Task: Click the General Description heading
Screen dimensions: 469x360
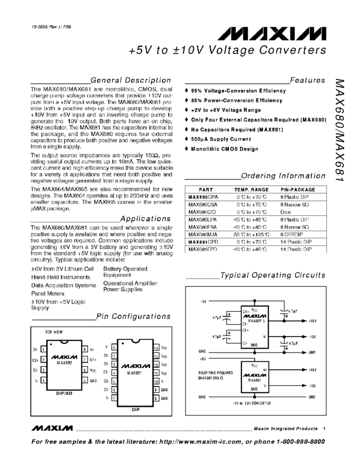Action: [x=131, y=80]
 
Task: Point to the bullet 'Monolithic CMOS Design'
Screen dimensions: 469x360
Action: [x=226, y=149]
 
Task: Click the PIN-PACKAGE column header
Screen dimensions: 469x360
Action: [x=297, y=189]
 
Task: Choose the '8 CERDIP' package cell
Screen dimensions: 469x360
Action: [x=292, y=234]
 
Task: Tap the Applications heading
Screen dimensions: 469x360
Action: [x=145, y=218]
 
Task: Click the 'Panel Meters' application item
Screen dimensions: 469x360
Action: [x=48, y=294]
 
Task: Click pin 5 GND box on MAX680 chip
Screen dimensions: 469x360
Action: [x=85, y=381]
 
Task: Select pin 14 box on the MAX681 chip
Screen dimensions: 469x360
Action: [x=156, y=348]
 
